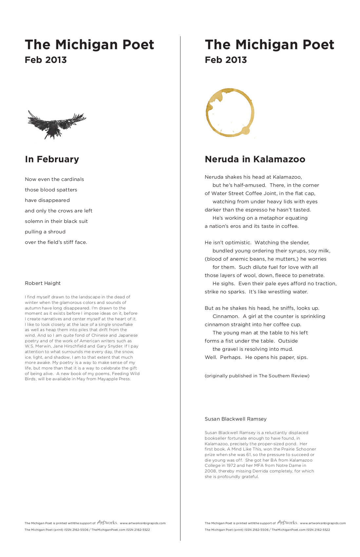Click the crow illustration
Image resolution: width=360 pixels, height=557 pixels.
tap(56, 124)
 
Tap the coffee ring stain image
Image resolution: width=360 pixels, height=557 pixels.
tap(230, 112)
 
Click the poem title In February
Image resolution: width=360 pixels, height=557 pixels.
tap(52, 159)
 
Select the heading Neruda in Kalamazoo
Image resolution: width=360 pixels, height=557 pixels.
tap(255, 159)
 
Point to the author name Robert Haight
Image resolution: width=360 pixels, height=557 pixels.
tap(43, 283)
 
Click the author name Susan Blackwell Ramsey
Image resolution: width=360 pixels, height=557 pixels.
tap(236, 419)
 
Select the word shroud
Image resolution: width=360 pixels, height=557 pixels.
tap(57, 232)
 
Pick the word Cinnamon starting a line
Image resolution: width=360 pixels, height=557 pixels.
tap(226, 316)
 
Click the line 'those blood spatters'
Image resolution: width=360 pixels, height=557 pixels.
tap(51, 190)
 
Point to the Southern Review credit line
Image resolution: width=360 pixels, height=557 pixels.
tap(257, 376)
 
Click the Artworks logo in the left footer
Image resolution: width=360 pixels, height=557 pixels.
tap(107, 523)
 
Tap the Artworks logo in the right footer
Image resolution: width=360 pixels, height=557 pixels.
tap(288, 523)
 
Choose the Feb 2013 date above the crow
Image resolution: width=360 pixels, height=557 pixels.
tap(46, 60)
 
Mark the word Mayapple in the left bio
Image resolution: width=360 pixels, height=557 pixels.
tap(107, 379)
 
